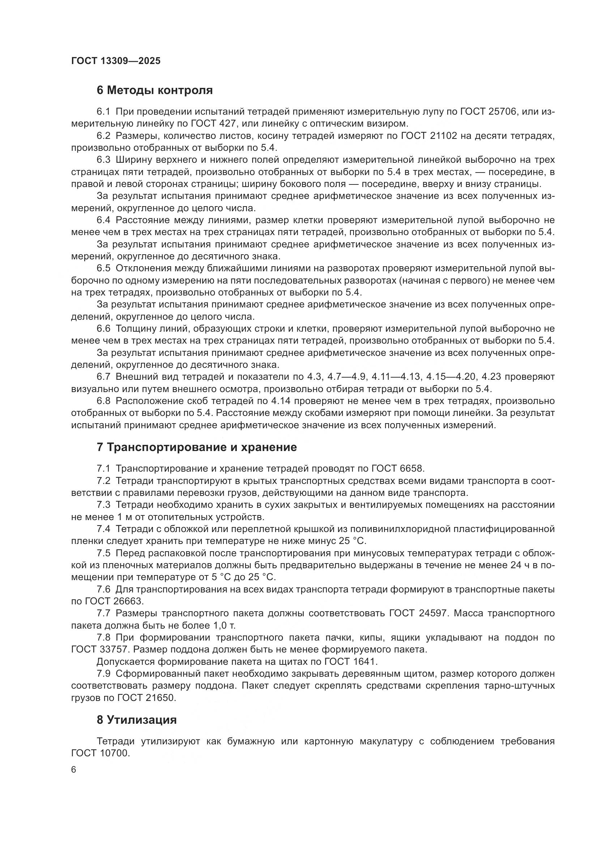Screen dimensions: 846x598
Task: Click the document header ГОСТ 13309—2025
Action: click(116, 61)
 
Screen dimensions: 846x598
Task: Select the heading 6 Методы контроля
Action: click(155, 90)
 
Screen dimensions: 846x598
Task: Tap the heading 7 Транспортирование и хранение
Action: click(197, 447)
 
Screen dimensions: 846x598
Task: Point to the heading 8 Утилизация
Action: click(137, 720)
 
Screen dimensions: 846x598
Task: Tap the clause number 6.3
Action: click(103, 160)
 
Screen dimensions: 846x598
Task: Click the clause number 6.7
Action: click(103, 377)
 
